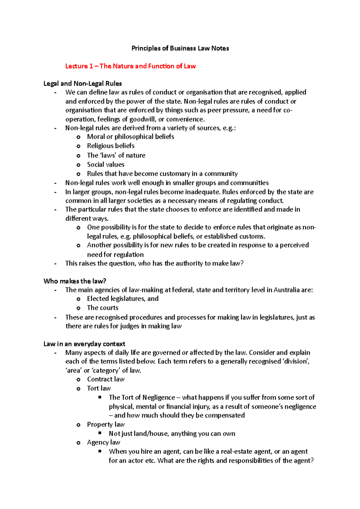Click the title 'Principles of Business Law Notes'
(180, 48)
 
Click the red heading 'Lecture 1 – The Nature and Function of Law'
(130, 66)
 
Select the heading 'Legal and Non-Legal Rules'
(82, 83)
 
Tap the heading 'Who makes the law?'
(75, 281)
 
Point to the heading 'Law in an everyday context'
(84, 344)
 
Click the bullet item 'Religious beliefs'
(111, 146)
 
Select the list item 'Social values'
(106, 164)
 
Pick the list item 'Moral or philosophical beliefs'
(130, 137)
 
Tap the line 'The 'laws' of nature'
(116, 155)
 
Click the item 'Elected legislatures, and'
(123, 299)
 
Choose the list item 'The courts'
(103, 308)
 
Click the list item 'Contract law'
(106, 379)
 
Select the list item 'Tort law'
(99, 388)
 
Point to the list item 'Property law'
(106, 424)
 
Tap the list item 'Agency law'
(103, 442)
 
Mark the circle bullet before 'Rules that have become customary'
(78, 174)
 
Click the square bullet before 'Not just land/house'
(100, 433)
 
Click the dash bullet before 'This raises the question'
(55, 263)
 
